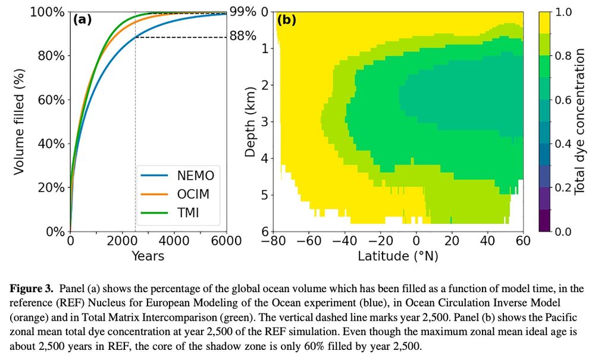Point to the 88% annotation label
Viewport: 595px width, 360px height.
[243, 36]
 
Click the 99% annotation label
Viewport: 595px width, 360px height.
[243, 12]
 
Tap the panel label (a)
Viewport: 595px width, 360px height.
[82, 20]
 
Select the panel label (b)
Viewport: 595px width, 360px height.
[287, 20]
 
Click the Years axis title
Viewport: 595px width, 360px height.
[148, 256]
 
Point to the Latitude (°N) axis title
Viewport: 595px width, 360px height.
[398, 256]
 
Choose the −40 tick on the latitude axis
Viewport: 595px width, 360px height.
[346, 242]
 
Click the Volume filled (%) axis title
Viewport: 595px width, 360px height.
[19, 121]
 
